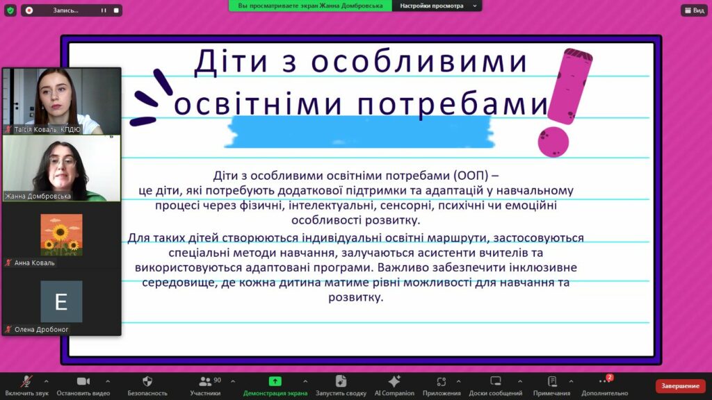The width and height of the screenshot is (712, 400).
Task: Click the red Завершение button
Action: click(680, 386)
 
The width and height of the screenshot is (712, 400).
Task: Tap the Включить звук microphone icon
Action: click(27, 381)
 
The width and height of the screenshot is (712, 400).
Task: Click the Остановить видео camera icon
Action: click(83, 381)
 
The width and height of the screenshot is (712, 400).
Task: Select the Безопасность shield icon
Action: click(147, 381)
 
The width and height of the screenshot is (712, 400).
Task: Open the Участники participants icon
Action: click(205, 381)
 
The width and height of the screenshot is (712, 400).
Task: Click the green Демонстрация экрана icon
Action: click(275, 381)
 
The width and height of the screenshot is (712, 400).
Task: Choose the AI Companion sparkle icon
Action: click(394, 381)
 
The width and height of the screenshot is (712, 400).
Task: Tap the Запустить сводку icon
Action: click(341, 381)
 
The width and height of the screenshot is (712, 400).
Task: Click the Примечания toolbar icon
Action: click(551, 381)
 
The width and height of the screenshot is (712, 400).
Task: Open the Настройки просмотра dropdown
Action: click(437, 6)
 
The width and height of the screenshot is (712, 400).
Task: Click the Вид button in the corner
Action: click(695, 10)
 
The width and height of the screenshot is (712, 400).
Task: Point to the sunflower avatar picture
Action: click(61, 235)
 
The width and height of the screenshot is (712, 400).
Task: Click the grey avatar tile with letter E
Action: click(61, 301)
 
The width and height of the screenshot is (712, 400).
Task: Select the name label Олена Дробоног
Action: click(41, 329)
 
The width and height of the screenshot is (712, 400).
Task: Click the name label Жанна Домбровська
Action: click(38, 196)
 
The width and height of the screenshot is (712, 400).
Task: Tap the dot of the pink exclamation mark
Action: click(553, 142)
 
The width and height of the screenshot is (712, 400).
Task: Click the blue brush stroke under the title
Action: click(359, 132)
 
